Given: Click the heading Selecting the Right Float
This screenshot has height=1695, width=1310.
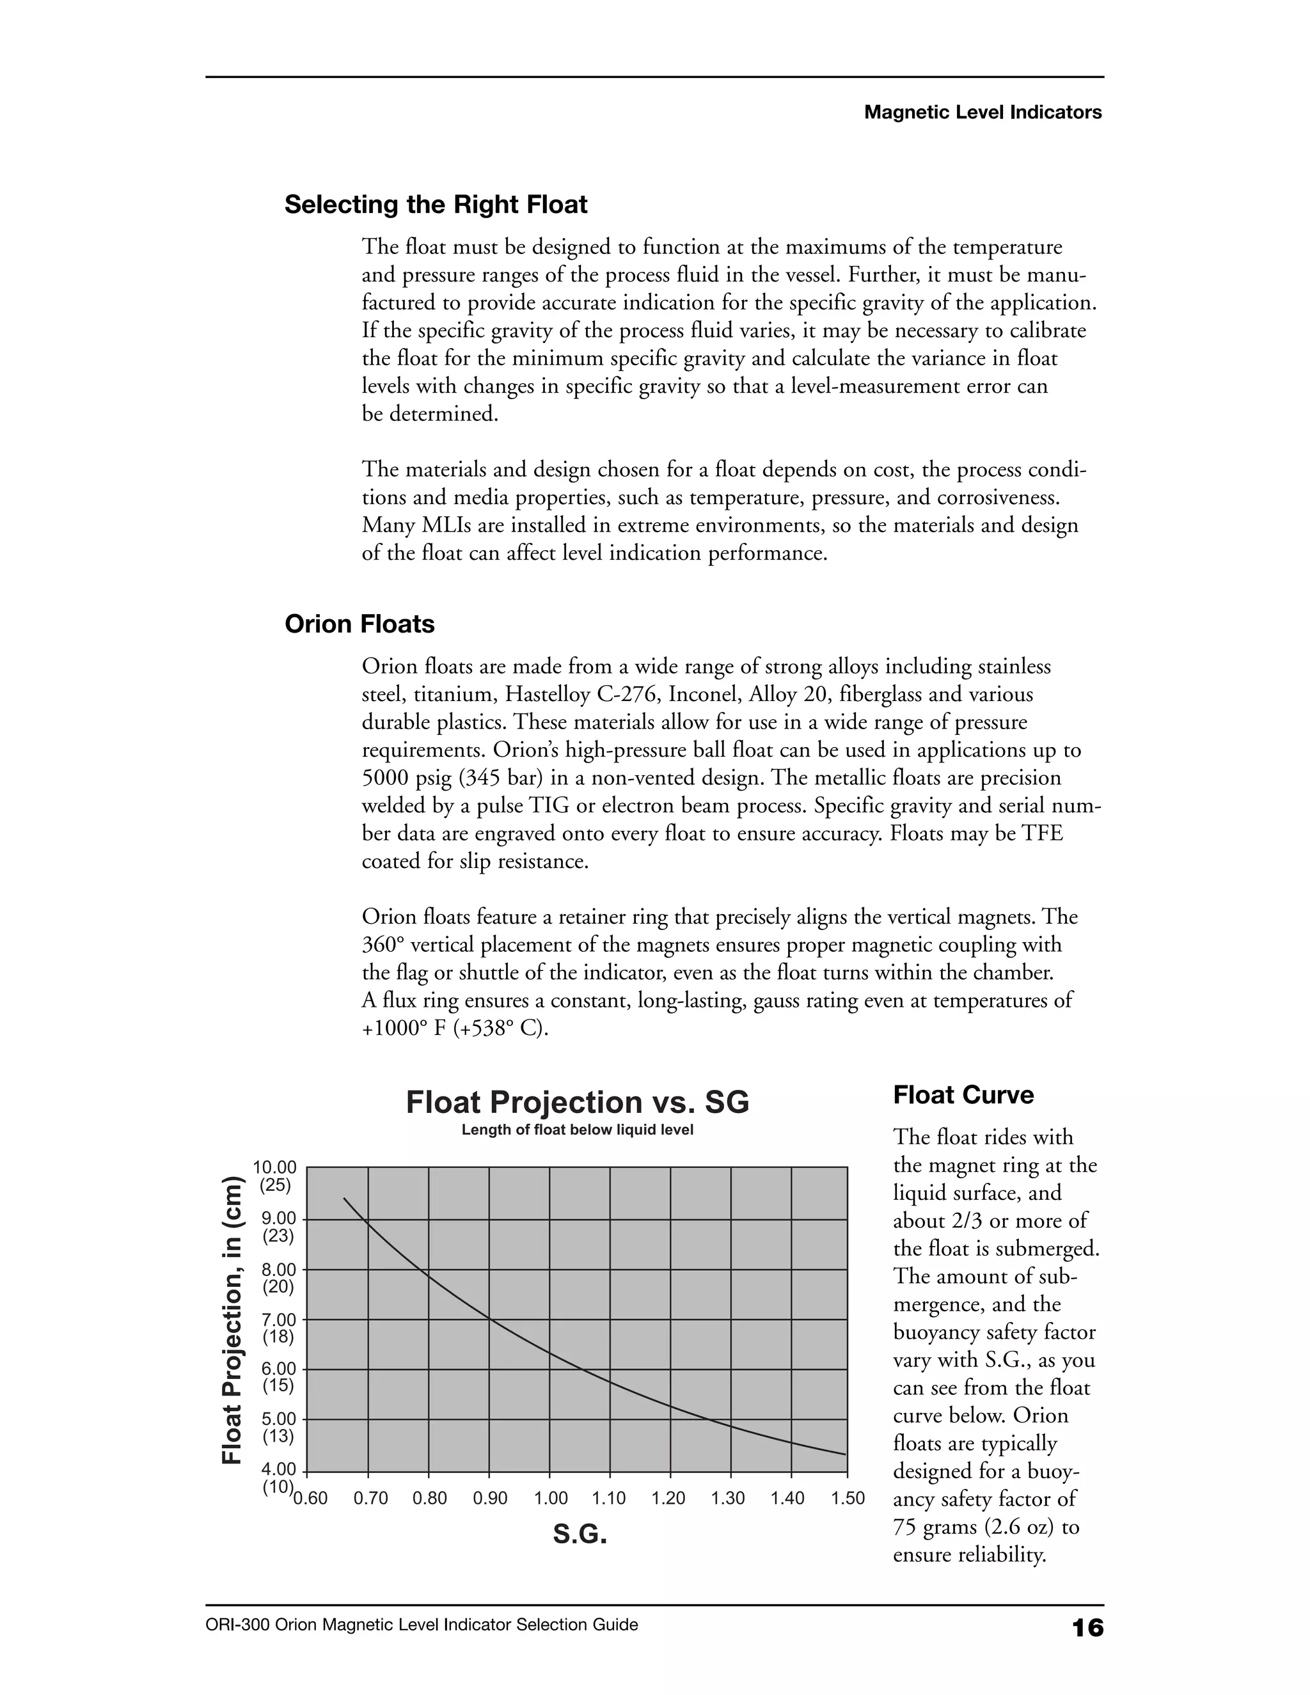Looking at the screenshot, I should [x=436, y=205].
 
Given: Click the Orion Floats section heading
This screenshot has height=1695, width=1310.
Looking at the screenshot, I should [x=359, y=624].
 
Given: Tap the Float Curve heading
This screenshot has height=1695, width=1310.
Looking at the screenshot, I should [x=963, y=1095].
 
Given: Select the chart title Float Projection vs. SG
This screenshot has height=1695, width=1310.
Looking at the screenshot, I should [x=578, y=1102].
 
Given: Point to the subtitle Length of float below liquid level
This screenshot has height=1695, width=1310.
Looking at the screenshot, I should [x=578, y=1130].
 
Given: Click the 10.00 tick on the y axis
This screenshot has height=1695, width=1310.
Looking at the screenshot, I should [x=274, y=1167].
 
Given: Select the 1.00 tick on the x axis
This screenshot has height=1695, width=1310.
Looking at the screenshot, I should [x=550, y=1499].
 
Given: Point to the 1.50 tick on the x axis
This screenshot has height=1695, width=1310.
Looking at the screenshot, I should [x=848, y=1499].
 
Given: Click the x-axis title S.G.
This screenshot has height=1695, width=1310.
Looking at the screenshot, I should [x=580, y=1534].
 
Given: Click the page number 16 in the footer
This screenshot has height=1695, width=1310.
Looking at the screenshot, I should [x=1087, y=1627].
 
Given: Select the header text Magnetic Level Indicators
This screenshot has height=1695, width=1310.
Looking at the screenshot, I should [x=982, y=113].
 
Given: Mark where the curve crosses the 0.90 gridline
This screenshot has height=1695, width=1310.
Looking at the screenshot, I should [x=489, y=1319].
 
